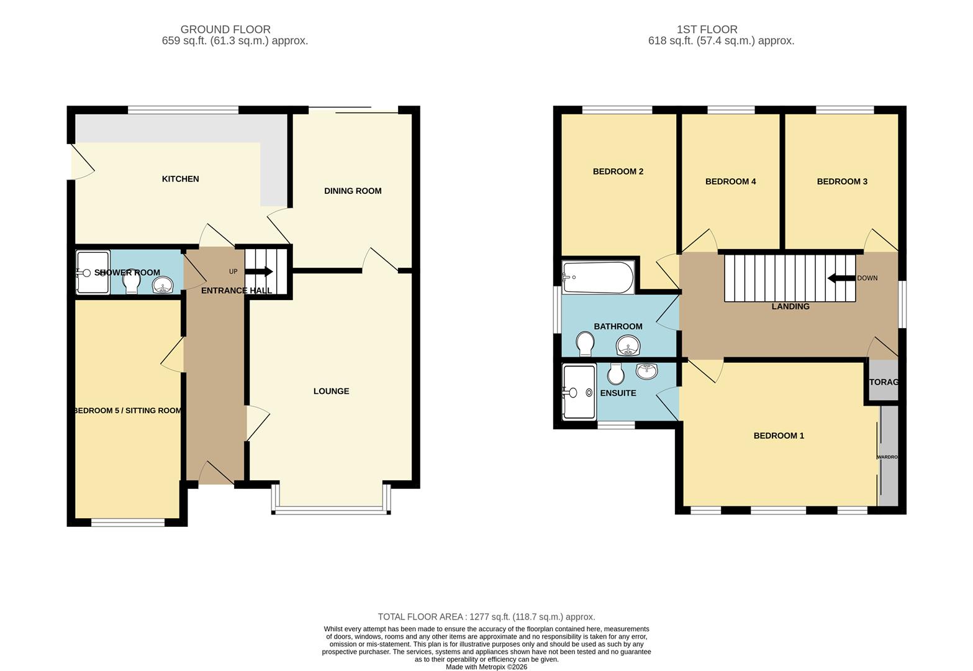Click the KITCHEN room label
pyautogui.click(x=180, y=179)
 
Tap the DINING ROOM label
pyautogui.click(x=352, y=191)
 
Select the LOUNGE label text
pyautogui.click(x=331, y=391)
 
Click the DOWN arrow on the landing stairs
pyautogui.click(x=841, y=278)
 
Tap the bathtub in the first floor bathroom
pyautogui.click(x=597, y=277)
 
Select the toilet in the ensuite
pyautogui.click(x=616, y=373)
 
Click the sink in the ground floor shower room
pyautogui.click(x=163, y=286)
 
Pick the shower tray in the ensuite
pyautogui.click(x=578, y=392)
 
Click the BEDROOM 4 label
pyautogui.click(x=730, y=181)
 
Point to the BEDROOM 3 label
pyautogui.click(x=841, y=181)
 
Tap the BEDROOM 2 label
pyautogui.click(x=617, y=171)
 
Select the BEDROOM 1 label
pyautogui.click(x=778, y=436)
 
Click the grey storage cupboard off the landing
pyautogui.click(x=883, y=381)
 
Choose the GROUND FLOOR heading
pyautogui.click(x=225, y=29)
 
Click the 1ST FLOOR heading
pyautogui.click(x=707, y=29)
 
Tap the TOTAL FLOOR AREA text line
pyautogui.click(x=486, y=617)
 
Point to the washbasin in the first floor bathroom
pyautogui.click(x=628, y=345)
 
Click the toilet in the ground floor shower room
pyautogui.click(x=131, y=283)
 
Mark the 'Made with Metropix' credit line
pyautogui.click(x=486, y=667)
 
